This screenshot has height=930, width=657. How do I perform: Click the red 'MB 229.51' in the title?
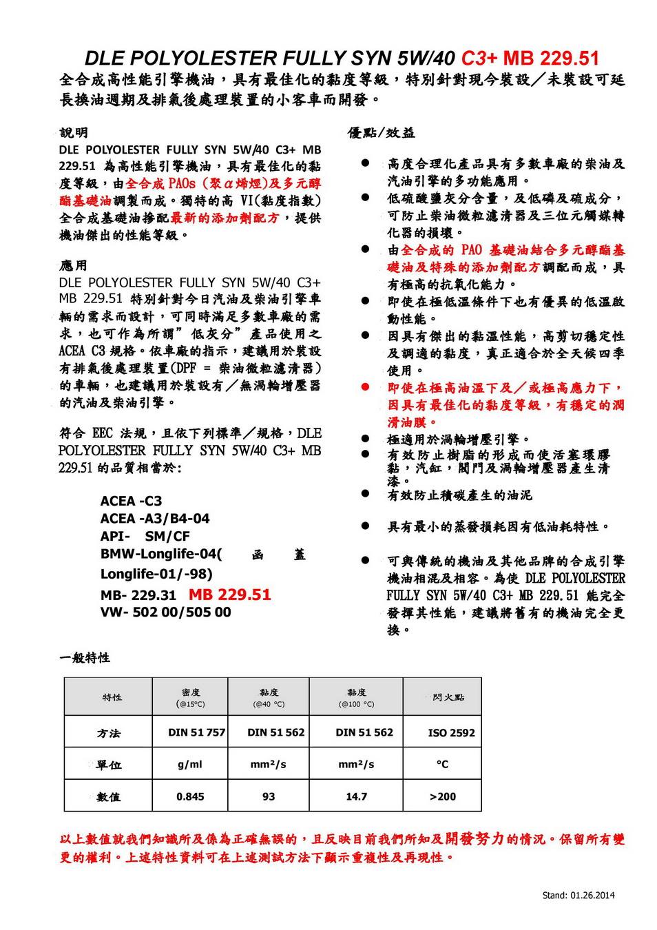[x=552, y=58]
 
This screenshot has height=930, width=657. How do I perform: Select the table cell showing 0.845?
[x=190, y=796]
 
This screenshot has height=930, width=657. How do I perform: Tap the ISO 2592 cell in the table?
[x=451, y=733]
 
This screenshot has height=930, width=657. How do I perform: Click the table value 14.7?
[x=356, y=796]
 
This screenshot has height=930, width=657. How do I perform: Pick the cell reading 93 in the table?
[x=269, y=796]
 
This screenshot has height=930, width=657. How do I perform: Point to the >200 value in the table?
[x=442, y=796]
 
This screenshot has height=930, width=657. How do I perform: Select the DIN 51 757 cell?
[x=196, y=732]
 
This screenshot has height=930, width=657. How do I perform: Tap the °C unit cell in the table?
[x=442, y=765]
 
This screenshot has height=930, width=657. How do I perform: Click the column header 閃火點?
[x=448, y=697]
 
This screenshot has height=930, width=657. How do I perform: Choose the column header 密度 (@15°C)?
[x=191, y=697]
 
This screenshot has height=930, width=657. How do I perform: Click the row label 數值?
[x=109, y=797]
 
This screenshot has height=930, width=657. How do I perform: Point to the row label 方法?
[x=109, y=733]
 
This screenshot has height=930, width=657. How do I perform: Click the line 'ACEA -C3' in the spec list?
[x=131, y=501]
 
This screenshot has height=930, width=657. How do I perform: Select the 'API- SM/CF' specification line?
[x=145, y=536]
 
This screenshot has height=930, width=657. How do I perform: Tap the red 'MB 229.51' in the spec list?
[x=230, y=595]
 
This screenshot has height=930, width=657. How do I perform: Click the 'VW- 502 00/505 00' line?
[x=165, y=612]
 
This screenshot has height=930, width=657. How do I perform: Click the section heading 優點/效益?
[x=382, y=133]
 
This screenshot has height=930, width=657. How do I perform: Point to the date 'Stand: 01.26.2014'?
[x=578, y=896]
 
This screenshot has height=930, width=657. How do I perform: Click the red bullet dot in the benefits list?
[x=366, y=388]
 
